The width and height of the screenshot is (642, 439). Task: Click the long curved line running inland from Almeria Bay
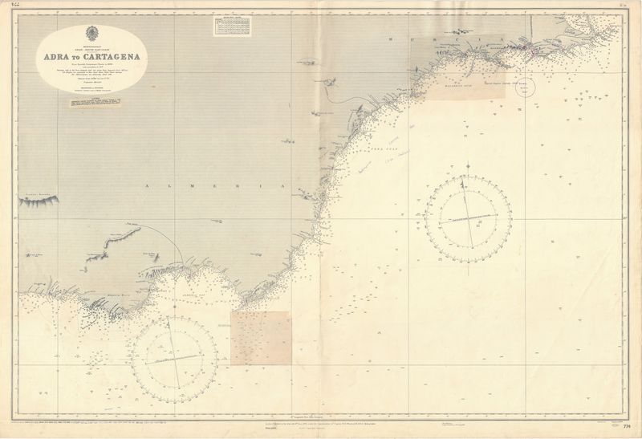coord(173,241)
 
